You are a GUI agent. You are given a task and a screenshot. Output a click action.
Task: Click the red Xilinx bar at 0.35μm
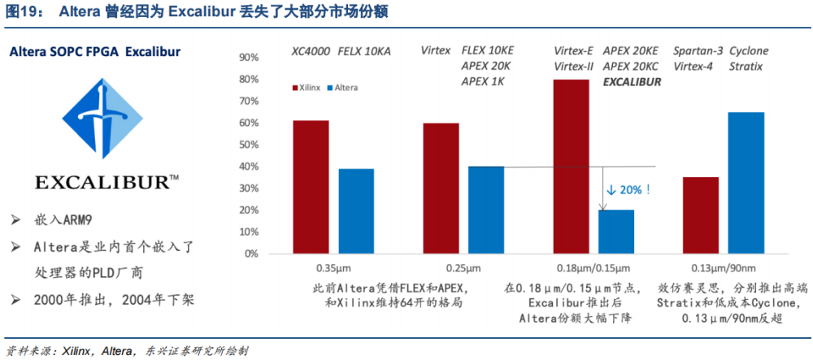click(x=311, y=187)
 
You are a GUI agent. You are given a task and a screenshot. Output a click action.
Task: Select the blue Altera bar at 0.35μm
click(x=357, y=211)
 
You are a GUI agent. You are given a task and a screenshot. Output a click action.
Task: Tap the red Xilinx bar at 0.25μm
click(x=440, y=189)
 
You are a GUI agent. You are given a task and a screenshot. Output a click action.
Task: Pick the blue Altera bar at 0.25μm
click(x=486, y=210)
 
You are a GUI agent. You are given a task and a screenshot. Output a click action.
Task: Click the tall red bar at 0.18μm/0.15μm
click(x=570, y=167)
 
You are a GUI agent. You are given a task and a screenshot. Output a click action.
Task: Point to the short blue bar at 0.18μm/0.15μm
click(x=616, y=232)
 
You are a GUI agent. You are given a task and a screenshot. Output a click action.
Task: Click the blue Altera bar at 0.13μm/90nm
click(x=746, y=183)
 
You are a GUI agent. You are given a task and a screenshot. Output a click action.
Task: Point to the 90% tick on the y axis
click(x=250, y=58)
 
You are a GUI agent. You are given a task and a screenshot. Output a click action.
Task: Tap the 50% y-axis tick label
click(x=250, y=145)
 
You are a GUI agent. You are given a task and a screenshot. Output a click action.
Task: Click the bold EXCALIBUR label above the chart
click(x=631, y=81)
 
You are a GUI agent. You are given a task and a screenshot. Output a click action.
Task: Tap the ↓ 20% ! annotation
click(x=628, y=189)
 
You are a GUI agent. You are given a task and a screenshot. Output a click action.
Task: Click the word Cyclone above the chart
click(x=748, y=50)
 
